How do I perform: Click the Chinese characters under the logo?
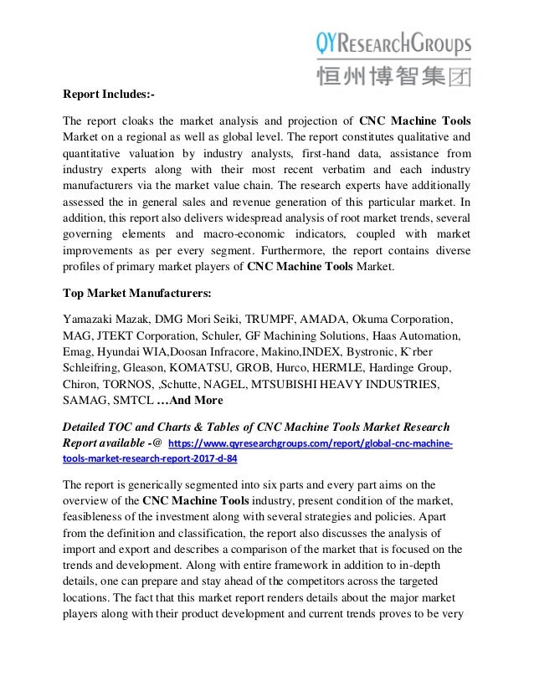[393, 76]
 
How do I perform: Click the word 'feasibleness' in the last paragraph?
[96, 517]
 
